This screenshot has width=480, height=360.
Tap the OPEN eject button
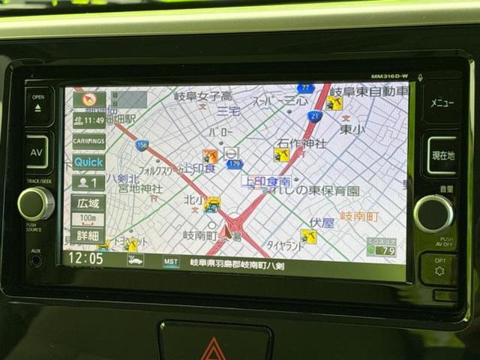click(38, 104)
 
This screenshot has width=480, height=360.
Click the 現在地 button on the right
click(442, 155)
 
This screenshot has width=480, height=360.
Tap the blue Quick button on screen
click(88, 161)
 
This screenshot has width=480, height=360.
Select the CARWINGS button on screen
click(88, 140)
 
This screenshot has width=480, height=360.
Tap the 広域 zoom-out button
click(88, 203)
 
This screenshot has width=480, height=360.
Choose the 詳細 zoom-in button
click(88, 235)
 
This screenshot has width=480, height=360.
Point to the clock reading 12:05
click(85, 258)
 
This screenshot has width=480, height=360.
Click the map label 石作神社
click(301, 142)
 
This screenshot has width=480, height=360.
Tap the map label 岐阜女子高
click(202, 96)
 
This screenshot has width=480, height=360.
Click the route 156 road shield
click(142, 145)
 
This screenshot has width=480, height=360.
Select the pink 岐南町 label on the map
click(359, 216)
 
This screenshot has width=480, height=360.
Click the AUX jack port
click(35, 260)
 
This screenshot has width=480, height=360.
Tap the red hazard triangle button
click(214, 349)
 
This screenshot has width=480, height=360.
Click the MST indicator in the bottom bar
click(171, 261)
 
